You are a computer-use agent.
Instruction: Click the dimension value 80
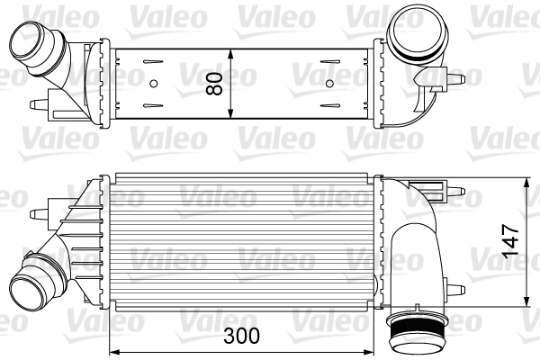point(215,83)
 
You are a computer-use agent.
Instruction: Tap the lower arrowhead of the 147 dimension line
point(526,302)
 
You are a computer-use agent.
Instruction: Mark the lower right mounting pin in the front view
point(459,289)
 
